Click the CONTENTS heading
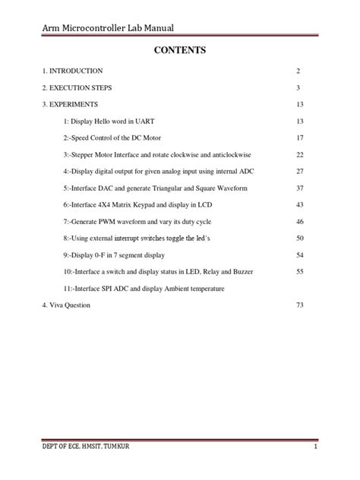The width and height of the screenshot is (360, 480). [180, 51]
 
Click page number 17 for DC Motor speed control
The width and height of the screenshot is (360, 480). [300, 137]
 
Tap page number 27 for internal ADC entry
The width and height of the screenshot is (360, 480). [300, 171]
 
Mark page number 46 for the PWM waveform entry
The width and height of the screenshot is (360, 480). [300, 221]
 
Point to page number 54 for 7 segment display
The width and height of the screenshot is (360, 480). [300, 254]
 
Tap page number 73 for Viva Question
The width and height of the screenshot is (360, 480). [300, 305]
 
